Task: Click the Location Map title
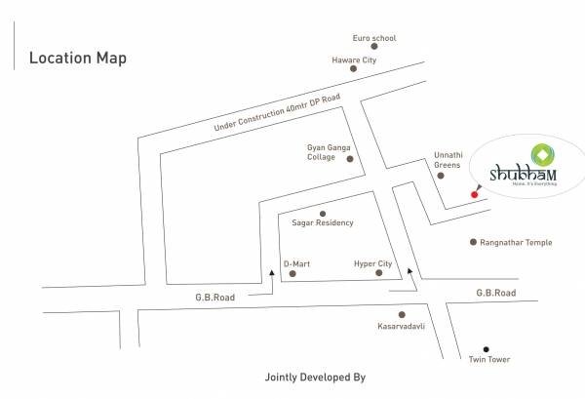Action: tap(78, 58)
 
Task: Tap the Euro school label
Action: tap(374, 39)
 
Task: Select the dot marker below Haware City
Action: tap(354, 73)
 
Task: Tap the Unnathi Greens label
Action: tap(447, 160)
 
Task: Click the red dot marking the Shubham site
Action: tap(474, 195)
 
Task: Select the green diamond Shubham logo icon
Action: tap(541, 153)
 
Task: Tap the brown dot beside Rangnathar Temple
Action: tap(474, 242)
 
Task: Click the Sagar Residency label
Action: tap(323, 222)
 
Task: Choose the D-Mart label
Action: tap(296, 263)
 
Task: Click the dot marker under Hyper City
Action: tap(378, 276)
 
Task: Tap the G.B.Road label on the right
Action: tap(494, 293)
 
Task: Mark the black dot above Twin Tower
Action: tap(486, 349)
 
